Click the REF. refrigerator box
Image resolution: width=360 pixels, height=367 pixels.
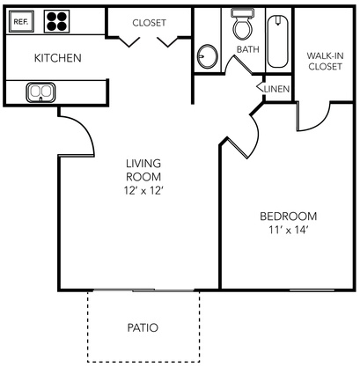tap(21, 21)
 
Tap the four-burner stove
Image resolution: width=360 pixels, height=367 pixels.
tap(57, 21)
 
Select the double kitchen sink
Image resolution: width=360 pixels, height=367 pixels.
tap(40, 92)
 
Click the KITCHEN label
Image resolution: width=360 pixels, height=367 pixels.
tap(58, 58)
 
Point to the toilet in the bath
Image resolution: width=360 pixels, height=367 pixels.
tap(243, 26)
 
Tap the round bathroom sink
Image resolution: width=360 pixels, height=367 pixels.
tap(208, 56)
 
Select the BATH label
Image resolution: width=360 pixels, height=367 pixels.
tap(248, 49)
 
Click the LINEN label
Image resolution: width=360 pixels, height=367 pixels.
tap(276, 89)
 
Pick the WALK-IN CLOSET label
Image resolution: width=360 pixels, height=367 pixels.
tap(325, 61)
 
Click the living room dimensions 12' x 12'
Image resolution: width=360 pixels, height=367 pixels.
tap(143, 191)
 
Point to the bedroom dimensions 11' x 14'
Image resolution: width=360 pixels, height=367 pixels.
tap(288, 230)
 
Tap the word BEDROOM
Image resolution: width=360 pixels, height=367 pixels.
tap(289, 217)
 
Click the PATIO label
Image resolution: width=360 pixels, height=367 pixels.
tap(143, 327)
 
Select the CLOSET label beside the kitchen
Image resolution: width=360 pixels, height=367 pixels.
tap(149, 23)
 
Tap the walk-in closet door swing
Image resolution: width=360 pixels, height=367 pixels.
tap(320, 122)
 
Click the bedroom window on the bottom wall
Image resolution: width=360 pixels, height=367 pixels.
tap(312, 290)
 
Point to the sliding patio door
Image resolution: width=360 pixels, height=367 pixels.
tap(143, 290)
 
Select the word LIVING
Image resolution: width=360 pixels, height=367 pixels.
tap(143, 164)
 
